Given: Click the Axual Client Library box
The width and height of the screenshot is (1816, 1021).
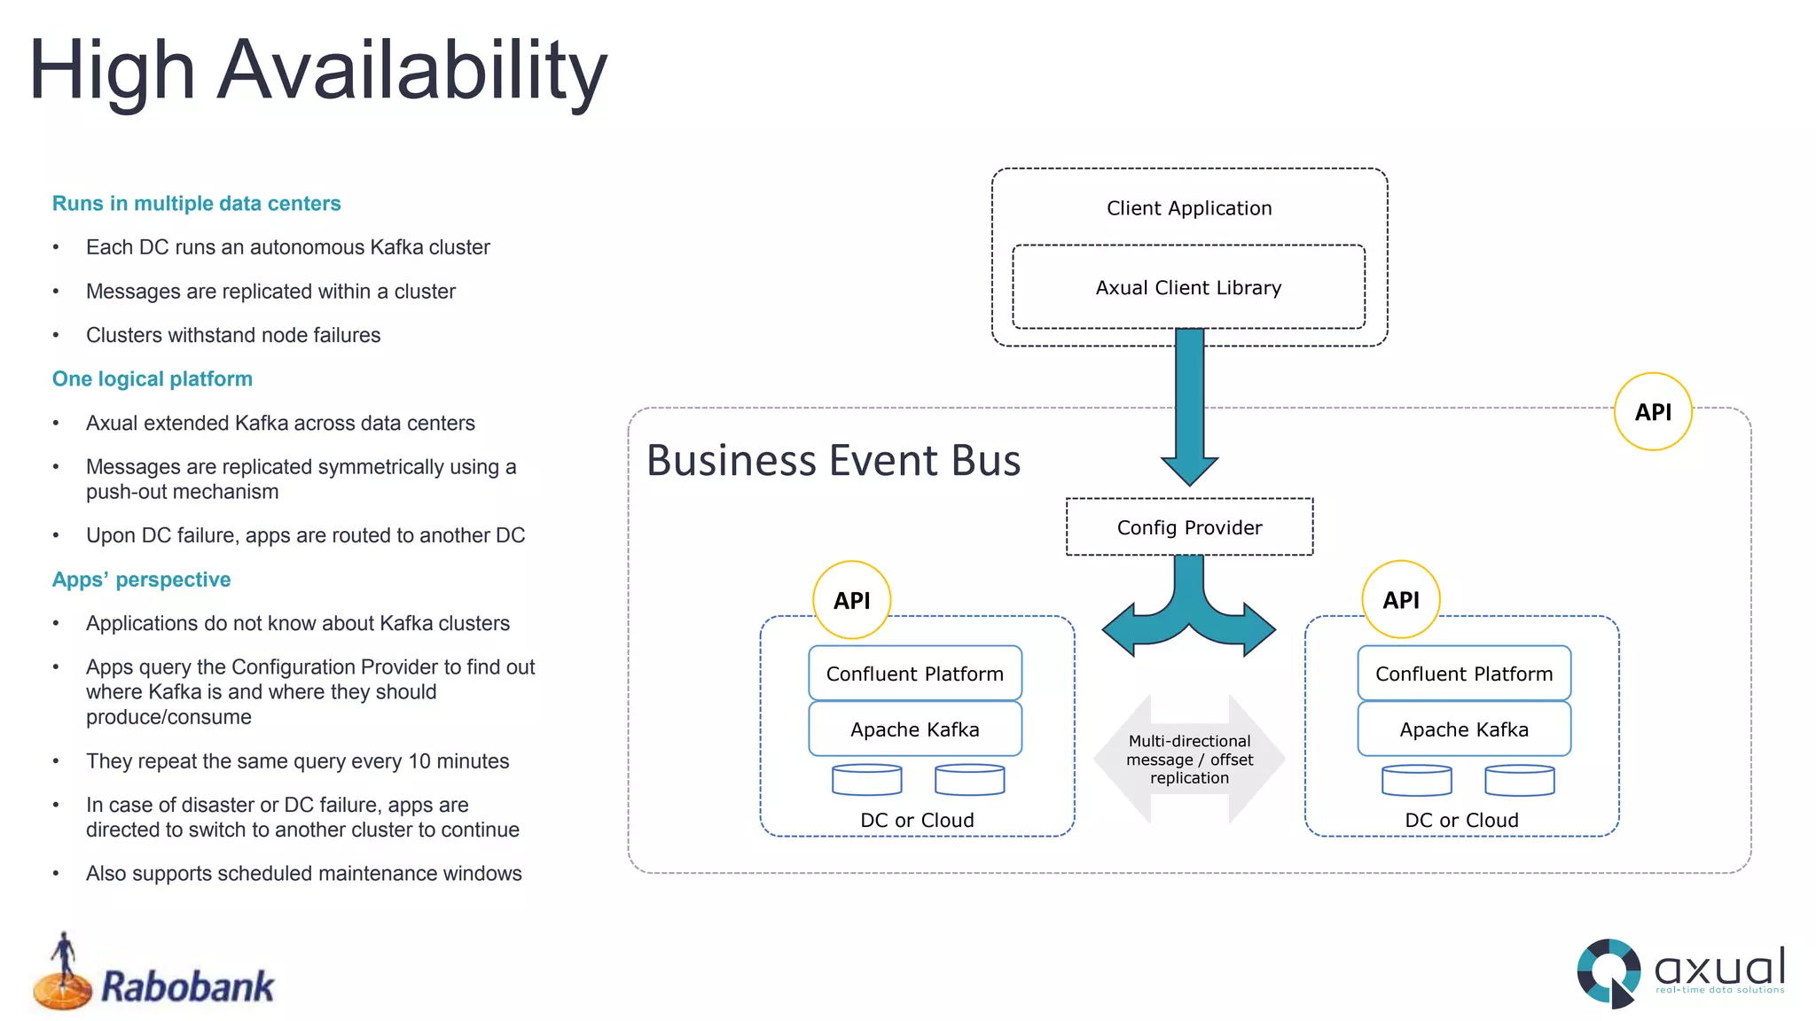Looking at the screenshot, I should pyautogui.click(x=1188, y=287).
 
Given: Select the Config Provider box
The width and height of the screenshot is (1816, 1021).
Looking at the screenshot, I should pyautogui.click(x=1189, y=527).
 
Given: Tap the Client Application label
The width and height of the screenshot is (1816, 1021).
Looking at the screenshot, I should pyautogui.click(x=1188, y=208).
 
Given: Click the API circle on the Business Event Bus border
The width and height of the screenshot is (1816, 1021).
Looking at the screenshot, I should pyautogui.click(x=1653, y=412).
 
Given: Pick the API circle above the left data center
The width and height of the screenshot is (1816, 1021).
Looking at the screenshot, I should pyautogui.click(x=852, y=600).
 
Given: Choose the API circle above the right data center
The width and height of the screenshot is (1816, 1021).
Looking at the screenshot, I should pyautogui.click(x=1401, y=600).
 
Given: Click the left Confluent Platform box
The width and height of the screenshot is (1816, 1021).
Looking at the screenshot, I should pyautogui.click(x=915, y=674).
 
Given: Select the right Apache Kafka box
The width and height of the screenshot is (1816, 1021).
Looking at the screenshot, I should pyautogui.click(x=1464, y=729).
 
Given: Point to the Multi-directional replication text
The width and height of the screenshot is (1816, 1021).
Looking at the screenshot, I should pyautogui.click(x=1189, y=760).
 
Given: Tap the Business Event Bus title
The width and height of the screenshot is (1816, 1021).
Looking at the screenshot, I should pyautogui.click(x=834, y=461).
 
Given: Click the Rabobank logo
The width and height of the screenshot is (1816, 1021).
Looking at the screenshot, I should pyautogui.click(x=155, y=975).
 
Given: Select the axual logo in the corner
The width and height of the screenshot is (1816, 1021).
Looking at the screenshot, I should pyautogui.click(x=1680, y=973).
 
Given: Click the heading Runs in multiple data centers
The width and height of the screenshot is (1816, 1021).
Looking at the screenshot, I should pyautogui.click(x=196, y=204).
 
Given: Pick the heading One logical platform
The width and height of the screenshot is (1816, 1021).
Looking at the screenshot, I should pyautogui.click(x=153, y=379).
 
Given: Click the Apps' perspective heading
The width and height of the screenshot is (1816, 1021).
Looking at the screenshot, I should pyautogui.click(x=142, y=580).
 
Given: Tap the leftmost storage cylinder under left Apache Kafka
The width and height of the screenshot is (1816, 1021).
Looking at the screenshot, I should pyautogui.click(x=866, y=779).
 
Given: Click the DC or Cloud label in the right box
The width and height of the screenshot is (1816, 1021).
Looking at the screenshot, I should pyautogui.click(x=1461, y=820).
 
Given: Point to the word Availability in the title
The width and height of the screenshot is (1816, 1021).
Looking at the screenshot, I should pyautogui.click(x=412, y=71).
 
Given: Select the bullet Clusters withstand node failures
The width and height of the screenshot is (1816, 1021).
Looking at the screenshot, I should pyautogui.click(x=233, y=335).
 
